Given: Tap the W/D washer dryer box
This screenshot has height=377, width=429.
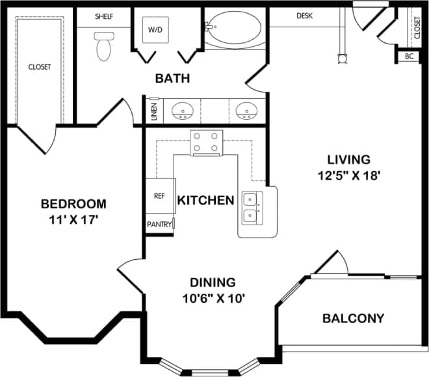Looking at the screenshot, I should [x=156, y=29].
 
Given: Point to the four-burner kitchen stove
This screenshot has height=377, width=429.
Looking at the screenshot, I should [x=206, y=143].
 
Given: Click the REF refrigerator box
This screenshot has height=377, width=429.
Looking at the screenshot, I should [x=159, y=195].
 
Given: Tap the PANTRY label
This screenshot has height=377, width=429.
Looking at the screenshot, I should [x=159, y=225].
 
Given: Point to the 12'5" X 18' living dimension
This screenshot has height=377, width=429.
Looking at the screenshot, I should [x=348, y=175].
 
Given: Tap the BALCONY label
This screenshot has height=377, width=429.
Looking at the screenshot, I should [x=353, y=318].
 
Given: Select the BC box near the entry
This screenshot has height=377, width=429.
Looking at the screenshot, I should [x=409, y=57].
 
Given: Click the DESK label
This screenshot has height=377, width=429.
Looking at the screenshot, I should [x=306, y=16].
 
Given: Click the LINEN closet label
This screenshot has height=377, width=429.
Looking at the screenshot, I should [x=154, y=111].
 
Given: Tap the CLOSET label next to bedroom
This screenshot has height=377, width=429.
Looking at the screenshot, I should [x=39, y=66].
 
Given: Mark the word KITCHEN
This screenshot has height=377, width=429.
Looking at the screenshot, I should [x=205, y=200].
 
